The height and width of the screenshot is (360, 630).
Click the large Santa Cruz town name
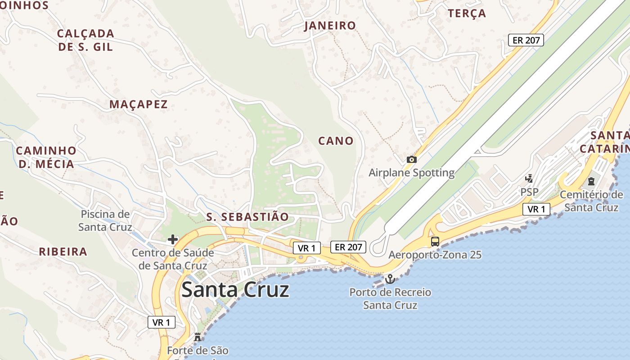click(x=235, y=290)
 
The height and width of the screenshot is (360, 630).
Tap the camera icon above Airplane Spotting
click(x=411, y=159)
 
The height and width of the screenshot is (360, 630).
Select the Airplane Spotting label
click(x=411, y=173)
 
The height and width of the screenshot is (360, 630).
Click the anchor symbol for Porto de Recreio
click(x=390, y=279)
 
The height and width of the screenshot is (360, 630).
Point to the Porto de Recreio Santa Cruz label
click(x=390, y=299)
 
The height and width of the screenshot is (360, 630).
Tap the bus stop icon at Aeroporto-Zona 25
click(x=435, y=241)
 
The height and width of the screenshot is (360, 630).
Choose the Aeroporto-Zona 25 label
click(x=435, y=255)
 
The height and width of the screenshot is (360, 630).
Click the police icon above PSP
click(x=529, y=179)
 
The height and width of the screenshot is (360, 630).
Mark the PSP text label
click(x=529, y=192)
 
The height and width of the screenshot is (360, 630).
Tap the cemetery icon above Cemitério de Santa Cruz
click(x=591, y=181)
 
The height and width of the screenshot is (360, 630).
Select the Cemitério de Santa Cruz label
click(x=591, y=201)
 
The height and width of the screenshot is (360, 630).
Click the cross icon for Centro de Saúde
click(x=173, y=239)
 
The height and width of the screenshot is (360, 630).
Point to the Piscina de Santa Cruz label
click(x=105, y=220)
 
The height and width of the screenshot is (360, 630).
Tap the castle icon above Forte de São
click(x=197, y=337)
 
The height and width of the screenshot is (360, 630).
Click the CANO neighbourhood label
click(x=336, y=141)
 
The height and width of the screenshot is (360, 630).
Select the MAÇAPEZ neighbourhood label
click(x=139, y=104)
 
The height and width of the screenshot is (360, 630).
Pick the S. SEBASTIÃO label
click(x=247, y=217)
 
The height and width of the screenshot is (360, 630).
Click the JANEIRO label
click(x=330, y=26)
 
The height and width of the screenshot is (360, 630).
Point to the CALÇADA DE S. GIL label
click(x=85, y=40)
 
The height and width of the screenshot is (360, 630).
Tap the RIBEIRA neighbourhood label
click(x=63, y=252)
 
